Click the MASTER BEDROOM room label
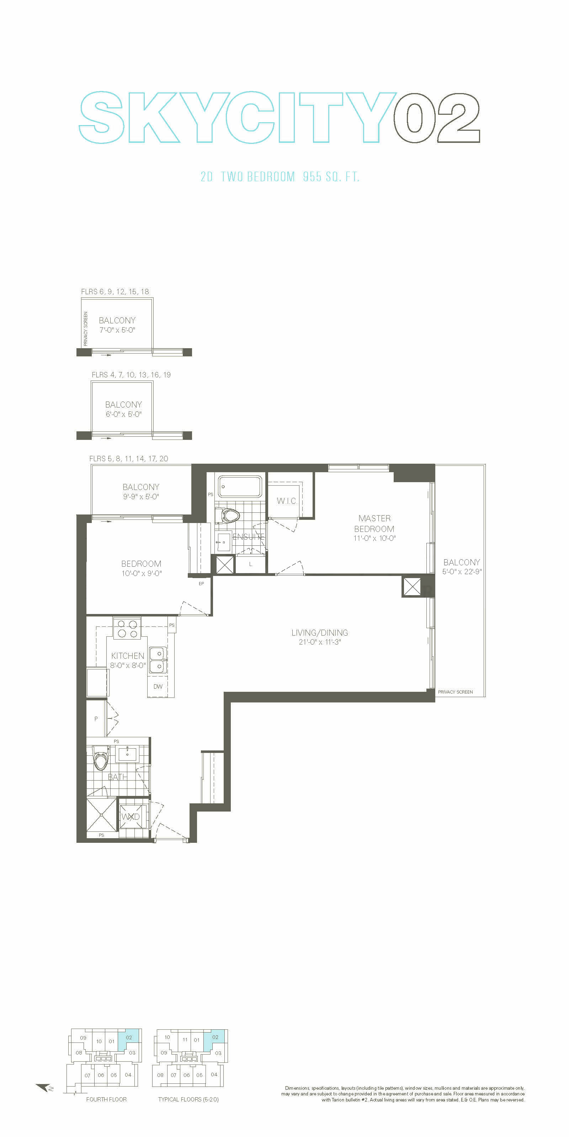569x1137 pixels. click(374, 523)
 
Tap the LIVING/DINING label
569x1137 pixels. click(319, 632)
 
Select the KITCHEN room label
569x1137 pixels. click(128, 656)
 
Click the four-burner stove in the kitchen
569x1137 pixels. click(127, 629)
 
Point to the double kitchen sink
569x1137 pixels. click(158, 660)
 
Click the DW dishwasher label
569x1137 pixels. click(158, 686)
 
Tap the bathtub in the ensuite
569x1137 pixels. click(240, 486)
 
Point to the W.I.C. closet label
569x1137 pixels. click(286, 501)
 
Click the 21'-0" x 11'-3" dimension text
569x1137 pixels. click(320, 642)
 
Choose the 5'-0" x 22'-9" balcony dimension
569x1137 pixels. click(462, 571)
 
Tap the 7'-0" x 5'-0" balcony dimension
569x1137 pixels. click(117, 330)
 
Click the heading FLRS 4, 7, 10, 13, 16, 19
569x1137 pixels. click(131, 375)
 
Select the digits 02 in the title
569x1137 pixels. click(436, 118)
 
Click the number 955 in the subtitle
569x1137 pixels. click(312, 177)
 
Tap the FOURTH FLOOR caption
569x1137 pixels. click(106, 1099)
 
